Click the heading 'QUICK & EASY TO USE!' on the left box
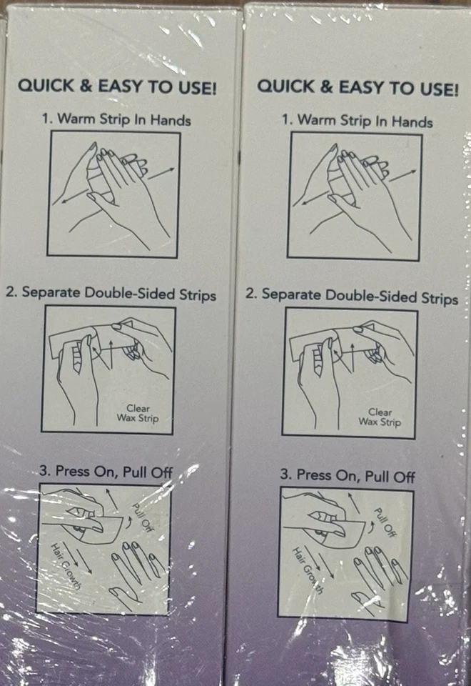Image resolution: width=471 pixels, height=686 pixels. (x=117, y=86)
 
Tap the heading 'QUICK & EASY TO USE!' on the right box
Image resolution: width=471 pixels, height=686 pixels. (x=357, y=88)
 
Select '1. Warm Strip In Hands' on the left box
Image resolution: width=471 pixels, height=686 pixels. (x=116, y=119)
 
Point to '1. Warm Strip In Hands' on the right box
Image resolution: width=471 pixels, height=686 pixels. (x=357, y=121)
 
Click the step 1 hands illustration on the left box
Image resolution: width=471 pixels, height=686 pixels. (x=113, y=194)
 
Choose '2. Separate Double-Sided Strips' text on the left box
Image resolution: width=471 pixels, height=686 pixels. (x=111, y=294)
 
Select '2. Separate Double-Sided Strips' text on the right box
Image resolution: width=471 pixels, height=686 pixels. (x=351, y=296)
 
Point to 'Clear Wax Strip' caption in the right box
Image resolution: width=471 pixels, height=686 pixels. (x=380, y=417)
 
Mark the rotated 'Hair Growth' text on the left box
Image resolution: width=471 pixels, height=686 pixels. (x=66, y=565)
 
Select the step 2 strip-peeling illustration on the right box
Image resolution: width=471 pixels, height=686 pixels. (x=349, y=372)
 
